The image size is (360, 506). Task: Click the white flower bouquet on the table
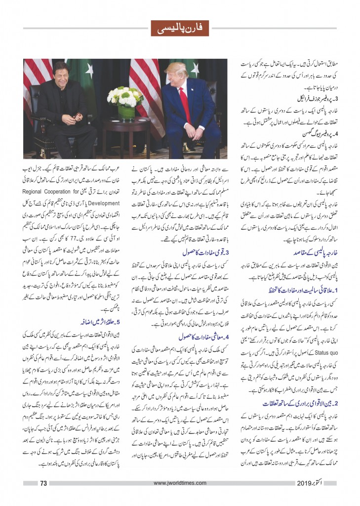click(125, 96)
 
